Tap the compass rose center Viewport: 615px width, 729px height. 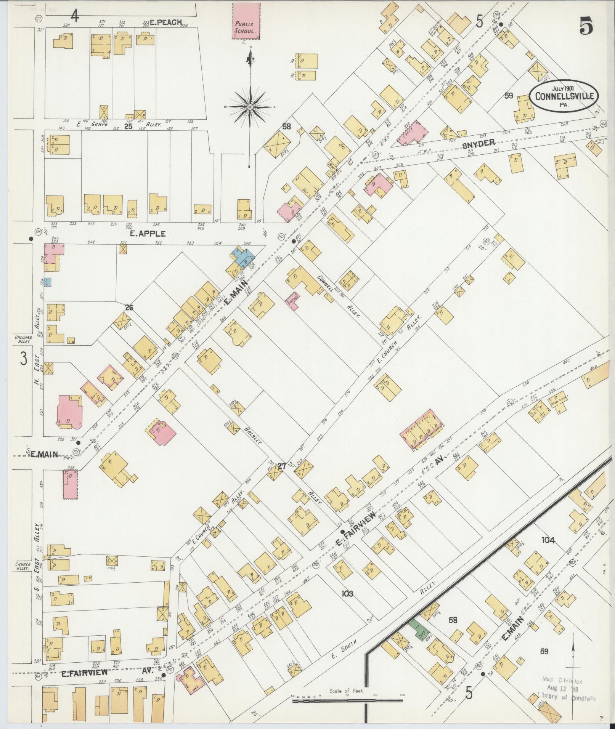click(x=250, y=107)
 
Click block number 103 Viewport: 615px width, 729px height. click(x=347, y=604)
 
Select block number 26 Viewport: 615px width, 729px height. click(x=129, y=307)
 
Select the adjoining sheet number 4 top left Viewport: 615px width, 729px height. click(x=75, y=17)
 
